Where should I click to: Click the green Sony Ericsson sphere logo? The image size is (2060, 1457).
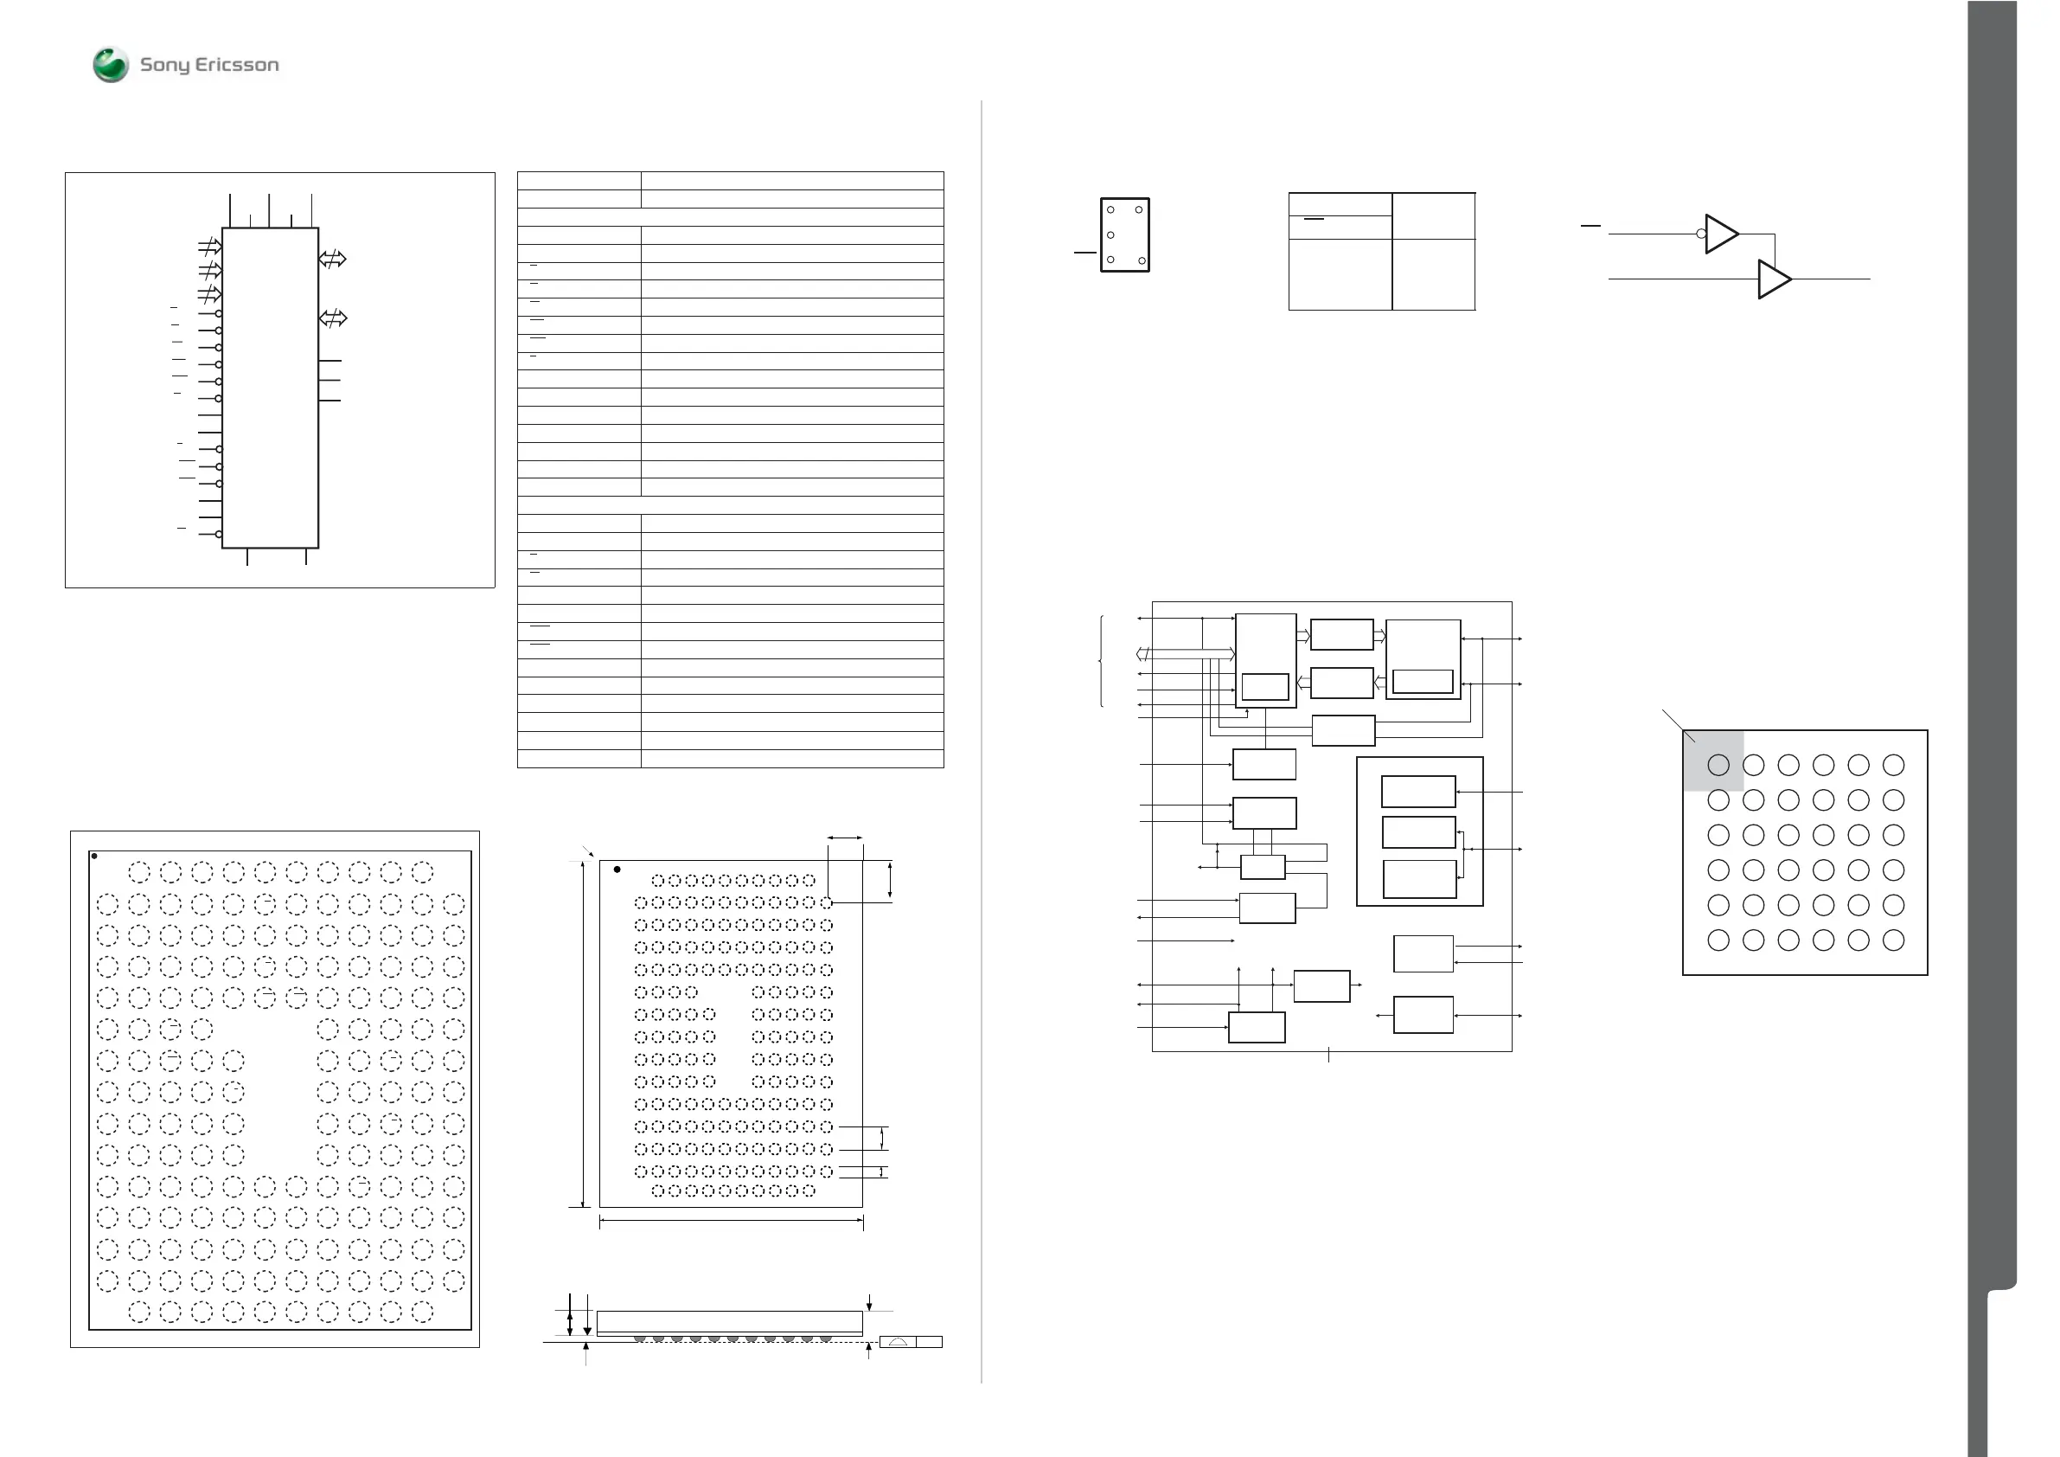112,65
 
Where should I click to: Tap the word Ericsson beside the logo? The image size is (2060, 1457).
237,65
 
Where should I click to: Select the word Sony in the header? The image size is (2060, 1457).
164,66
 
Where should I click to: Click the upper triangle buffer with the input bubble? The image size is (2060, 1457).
1720,234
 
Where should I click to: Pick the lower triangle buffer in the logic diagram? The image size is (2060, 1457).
1773,279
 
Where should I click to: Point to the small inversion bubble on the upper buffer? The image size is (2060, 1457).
1701,234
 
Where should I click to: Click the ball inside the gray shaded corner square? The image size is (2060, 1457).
1718,765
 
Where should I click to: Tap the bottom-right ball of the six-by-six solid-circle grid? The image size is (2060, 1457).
1893,940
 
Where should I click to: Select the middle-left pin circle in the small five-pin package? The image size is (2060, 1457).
1110,235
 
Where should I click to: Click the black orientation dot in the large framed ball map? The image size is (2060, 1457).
94,857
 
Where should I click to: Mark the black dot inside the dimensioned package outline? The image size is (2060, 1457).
617,869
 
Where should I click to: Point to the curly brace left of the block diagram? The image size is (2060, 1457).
1101,662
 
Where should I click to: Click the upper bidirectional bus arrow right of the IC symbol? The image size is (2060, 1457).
332,260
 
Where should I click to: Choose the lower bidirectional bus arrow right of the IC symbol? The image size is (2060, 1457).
332,318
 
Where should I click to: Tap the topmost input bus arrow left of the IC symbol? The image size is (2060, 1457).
210,246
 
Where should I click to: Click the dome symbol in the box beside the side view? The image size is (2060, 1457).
897,1342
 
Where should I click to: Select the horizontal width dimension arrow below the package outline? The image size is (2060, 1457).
732,1220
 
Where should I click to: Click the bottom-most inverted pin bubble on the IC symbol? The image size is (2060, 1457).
219,534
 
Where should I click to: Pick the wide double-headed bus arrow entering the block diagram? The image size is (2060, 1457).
1185,653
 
